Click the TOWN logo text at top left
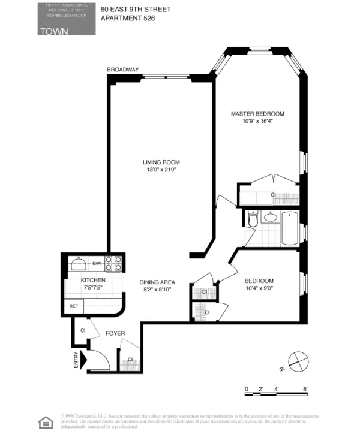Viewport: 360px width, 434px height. [x=53, y=31]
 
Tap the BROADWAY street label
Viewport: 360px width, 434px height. [x=123, y=70]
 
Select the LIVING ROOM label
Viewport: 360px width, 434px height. [x=161, y=162]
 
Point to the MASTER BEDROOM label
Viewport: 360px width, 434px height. [x=257, y=113]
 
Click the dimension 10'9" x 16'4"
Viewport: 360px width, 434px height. [x=257, y=121]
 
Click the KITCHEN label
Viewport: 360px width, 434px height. [x=94, y=280]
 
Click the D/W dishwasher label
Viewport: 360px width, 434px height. [x=97, y=263]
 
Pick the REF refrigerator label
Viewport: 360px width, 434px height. [x=74, y=306]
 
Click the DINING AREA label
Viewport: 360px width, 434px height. [x=157, y=282]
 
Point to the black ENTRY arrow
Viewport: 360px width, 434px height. [x=84, y=360]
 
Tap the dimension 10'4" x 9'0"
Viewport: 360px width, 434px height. [x=259, y=288]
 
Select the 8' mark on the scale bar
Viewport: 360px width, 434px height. [x=306, y=389]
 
